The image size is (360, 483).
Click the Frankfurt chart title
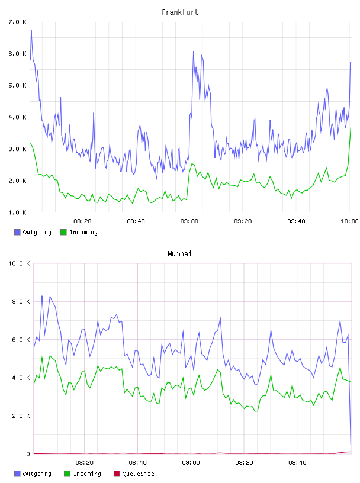(180, 12)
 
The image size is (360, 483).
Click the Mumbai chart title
(179, 254)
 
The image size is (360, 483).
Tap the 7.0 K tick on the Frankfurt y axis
(18, 22)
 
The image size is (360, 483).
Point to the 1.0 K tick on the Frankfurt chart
(18, 212)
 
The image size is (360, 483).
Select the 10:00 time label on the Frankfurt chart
(349, 221)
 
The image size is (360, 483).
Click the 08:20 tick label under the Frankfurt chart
(83, 221)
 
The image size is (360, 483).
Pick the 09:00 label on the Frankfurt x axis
(189, 221)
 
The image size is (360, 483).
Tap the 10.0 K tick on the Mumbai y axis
(19, 263)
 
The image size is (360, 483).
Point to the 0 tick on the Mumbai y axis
(28, 454)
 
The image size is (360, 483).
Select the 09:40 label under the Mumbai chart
(297, 462)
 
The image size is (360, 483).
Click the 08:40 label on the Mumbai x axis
(137, 462)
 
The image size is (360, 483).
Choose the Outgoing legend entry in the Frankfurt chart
(33, 232)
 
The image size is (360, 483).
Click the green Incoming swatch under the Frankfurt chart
(63, 232)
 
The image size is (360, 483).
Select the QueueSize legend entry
(134, 474)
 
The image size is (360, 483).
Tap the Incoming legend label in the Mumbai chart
(87, 474)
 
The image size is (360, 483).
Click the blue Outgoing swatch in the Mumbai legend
(17, 474)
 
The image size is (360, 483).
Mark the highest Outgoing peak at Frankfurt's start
(31, 30)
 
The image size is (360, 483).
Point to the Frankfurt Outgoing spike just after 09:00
(194, 51)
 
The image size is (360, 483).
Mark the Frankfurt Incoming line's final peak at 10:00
(351, 128)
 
